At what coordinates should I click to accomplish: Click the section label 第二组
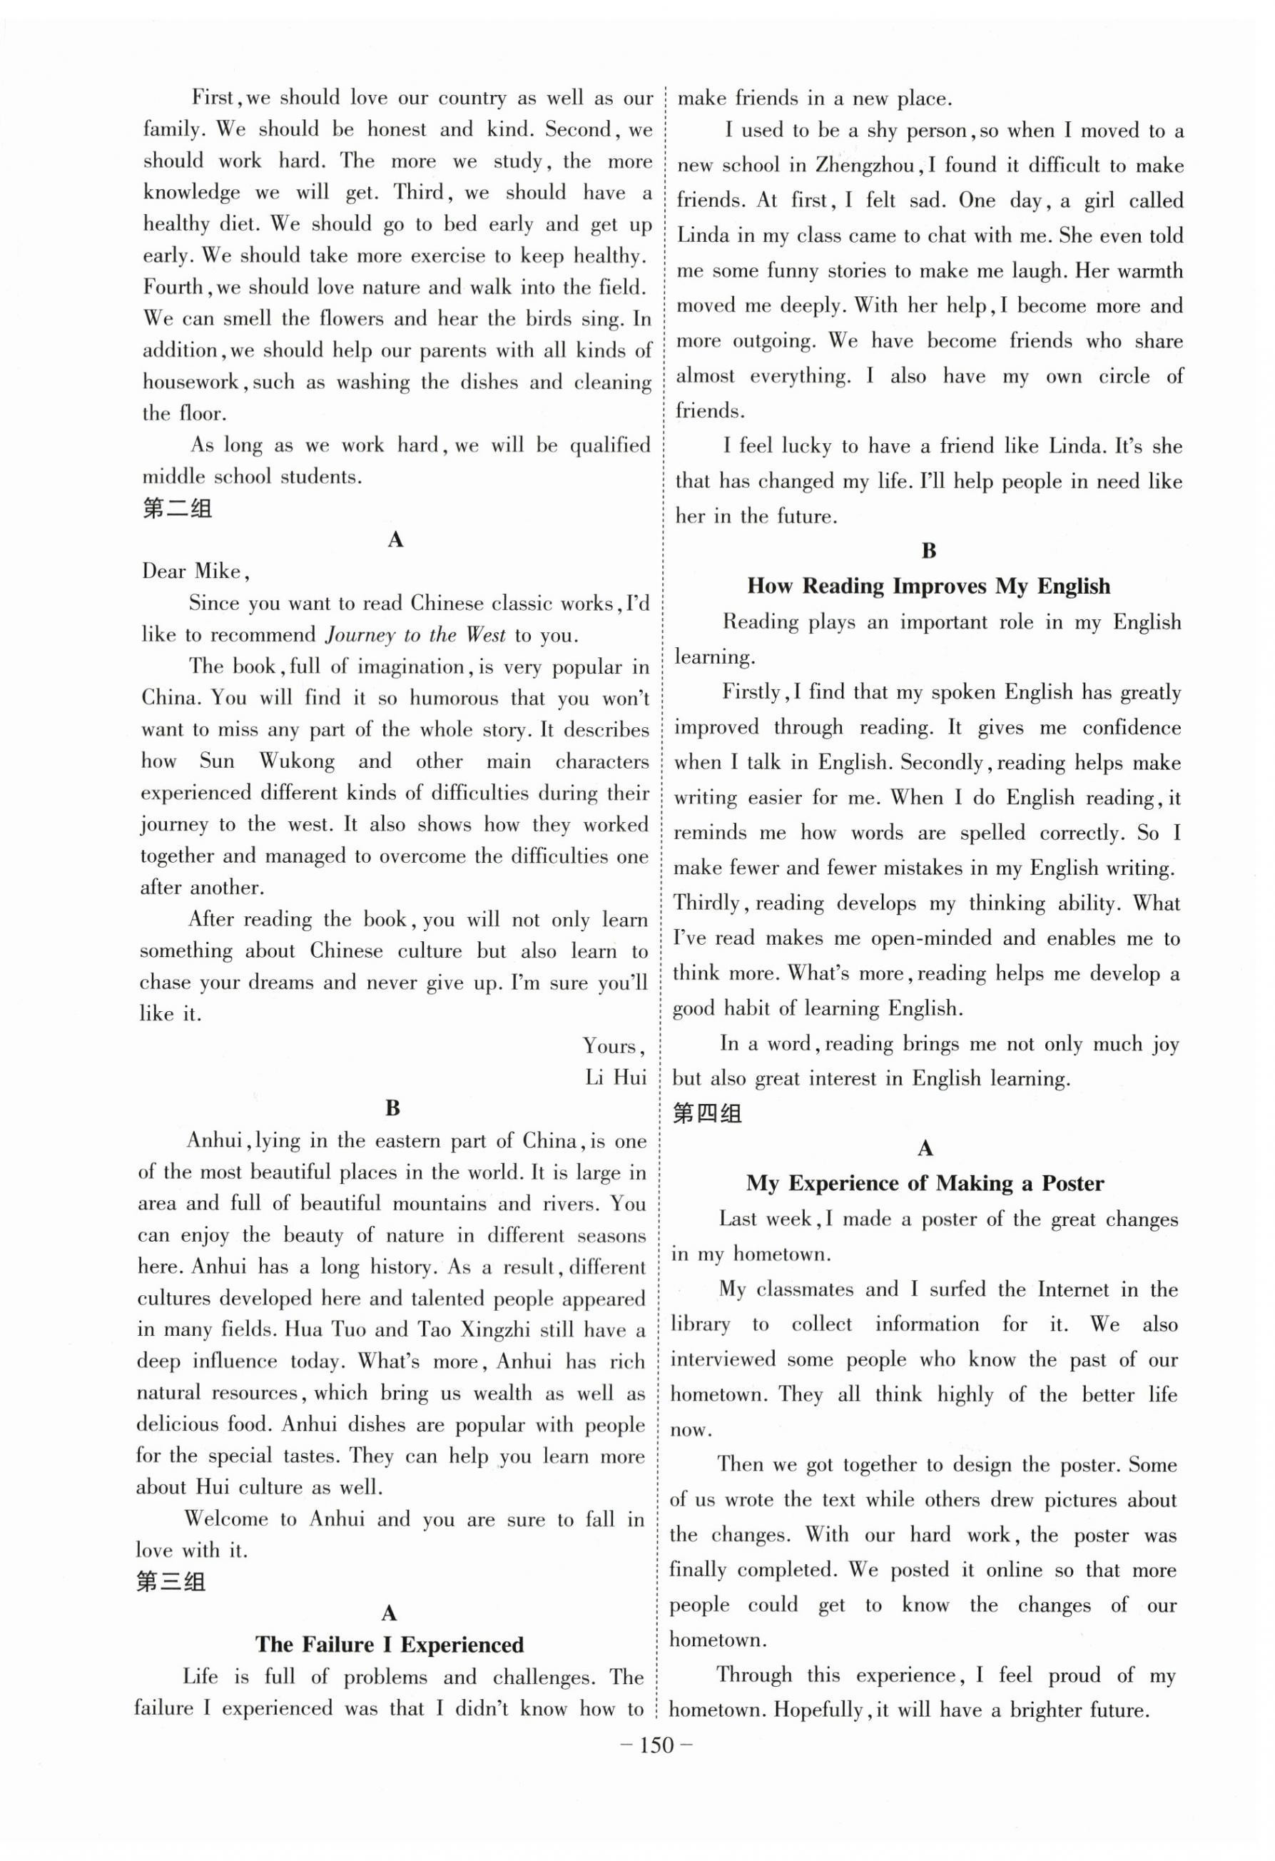tap(177, 509)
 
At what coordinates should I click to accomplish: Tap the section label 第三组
tap(171, 1581)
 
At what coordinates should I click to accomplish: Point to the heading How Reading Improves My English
tap(928, 586)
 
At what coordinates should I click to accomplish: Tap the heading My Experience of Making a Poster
tap(925, 1184)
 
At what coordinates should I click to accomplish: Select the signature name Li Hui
tap(615, 1077)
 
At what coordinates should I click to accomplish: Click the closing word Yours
tap(613, 1047)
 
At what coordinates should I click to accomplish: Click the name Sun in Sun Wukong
tap(216, 761)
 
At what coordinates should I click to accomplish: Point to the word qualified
tap(609, 446)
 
